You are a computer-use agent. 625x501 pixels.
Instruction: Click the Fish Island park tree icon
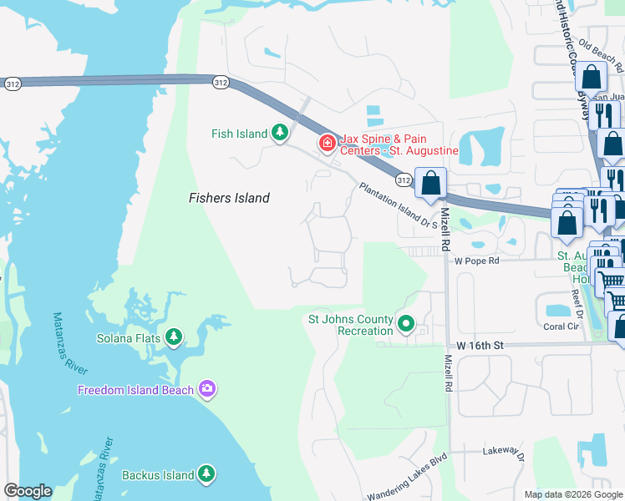(x=279, y=133)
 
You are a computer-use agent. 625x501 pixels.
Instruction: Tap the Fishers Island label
(x=229, y=198)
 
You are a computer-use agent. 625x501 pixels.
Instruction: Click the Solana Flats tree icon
(x=173, y=337)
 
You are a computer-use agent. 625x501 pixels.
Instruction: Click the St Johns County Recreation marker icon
(x=406, y=323)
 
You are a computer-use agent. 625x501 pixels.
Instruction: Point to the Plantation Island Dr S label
(x=399, y=206)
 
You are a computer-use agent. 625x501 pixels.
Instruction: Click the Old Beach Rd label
(x=601, y=57)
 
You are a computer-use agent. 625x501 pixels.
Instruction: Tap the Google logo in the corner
(x=28, y=491)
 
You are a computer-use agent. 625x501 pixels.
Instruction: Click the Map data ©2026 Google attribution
(x=572, y=494)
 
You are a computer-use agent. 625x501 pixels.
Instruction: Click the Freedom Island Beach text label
(x=137, y=390)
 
